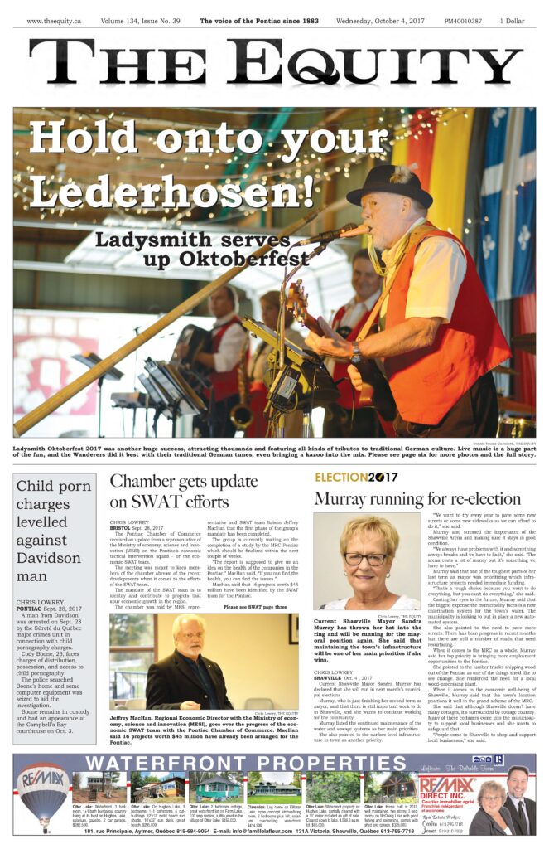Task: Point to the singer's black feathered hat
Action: coord(388,184)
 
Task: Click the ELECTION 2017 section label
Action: coord(356,478)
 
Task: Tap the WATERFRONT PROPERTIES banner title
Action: coord(232,764)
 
